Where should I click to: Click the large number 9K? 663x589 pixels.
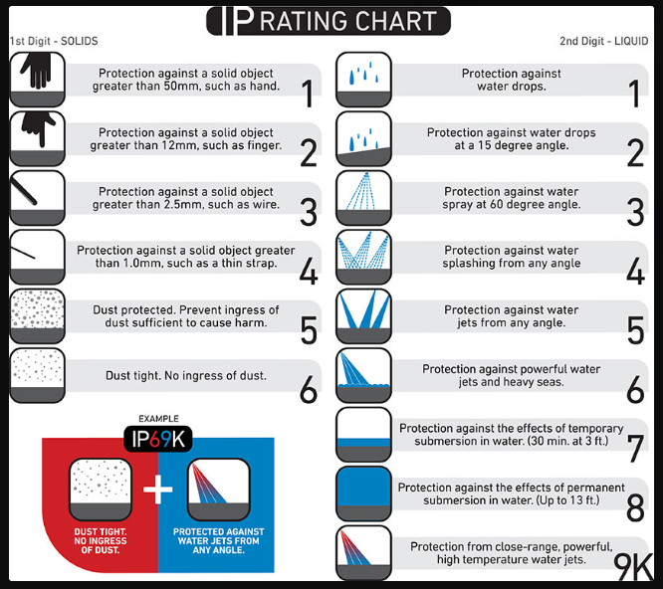[633, 567]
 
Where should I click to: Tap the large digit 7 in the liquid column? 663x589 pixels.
[635, 449]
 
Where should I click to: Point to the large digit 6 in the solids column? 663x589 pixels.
[309, 390]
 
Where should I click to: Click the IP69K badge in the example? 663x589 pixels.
[158, 439]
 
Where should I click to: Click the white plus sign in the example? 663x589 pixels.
[158, 490]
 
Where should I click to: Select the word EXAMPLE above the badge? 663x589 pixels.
[158, 419]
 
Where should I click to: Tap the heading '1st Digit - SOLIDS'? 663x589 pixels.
[54, 41]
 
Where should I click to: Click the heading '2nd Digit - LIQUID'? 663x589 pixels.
[604, 41]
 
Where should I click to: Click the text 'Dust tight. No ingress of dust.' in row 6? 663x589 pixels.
[186, 376]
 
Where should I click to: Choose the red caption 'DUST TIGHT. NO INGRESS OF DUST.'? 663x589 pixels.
[101, 541]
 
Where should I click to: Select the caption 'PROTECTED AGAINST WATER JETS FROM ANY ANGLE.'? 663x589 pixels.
[219, 541]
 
